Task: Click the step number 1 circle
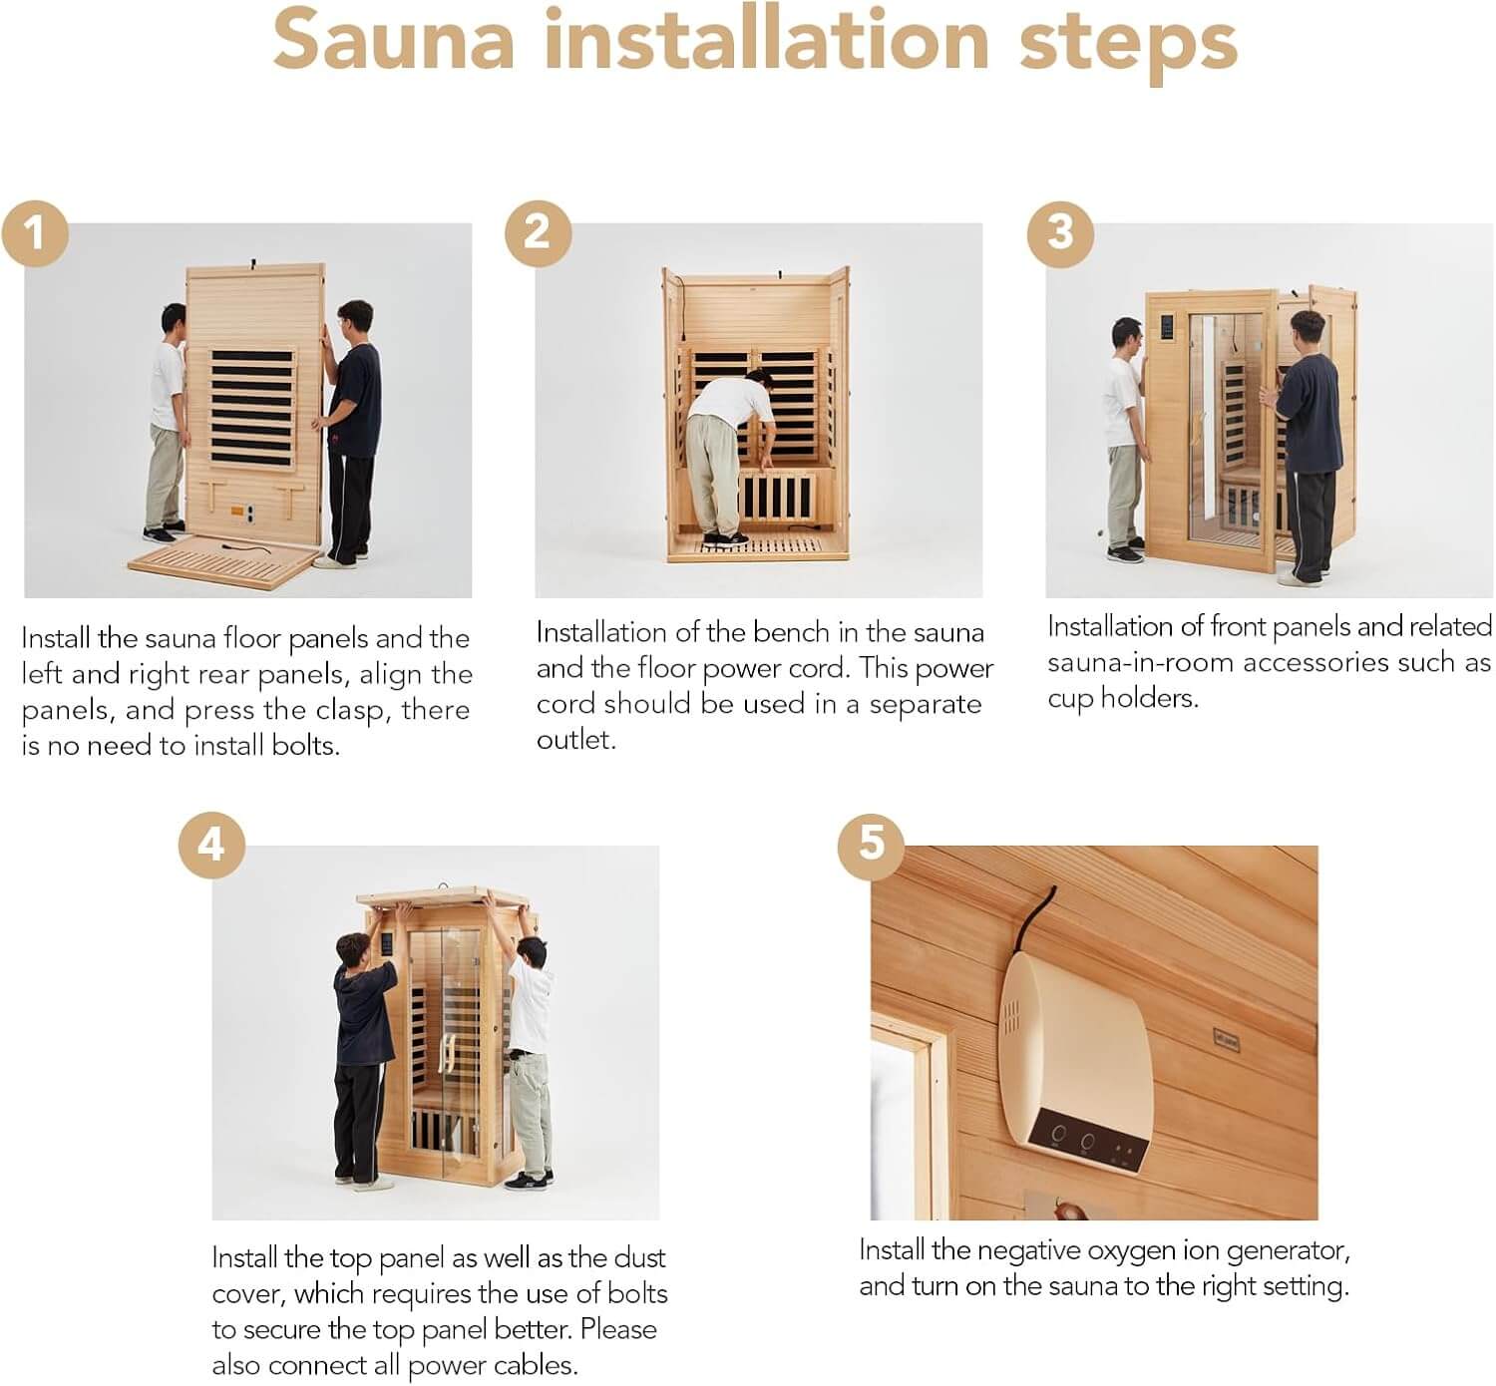click(x=35, y=234)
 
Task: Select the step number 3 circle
click(x=1060, y=232)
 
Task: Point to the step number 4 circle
click(x=210, y=845)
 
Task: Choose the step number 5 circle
click(x=871, y=845)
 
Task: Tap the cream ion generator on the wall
click(x=1077, y=1062)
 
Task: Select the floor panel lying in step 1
click(x=224, y=562)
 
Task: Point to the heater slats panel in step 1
click(x=252, y=408)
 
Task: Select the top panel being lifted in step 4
click(x=444, y=898)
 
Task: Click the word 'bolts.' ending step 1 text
click(x=305, y=746)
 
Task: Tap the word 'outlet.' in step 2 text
click(x=575, y=740)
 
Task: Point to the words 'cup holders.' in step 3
click(x=1122, y=698)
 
